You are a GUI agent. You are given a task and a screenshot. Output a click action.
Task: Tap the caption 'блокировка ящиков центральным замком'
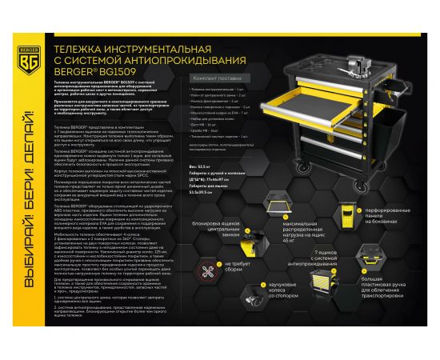[x=230, y=239]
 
